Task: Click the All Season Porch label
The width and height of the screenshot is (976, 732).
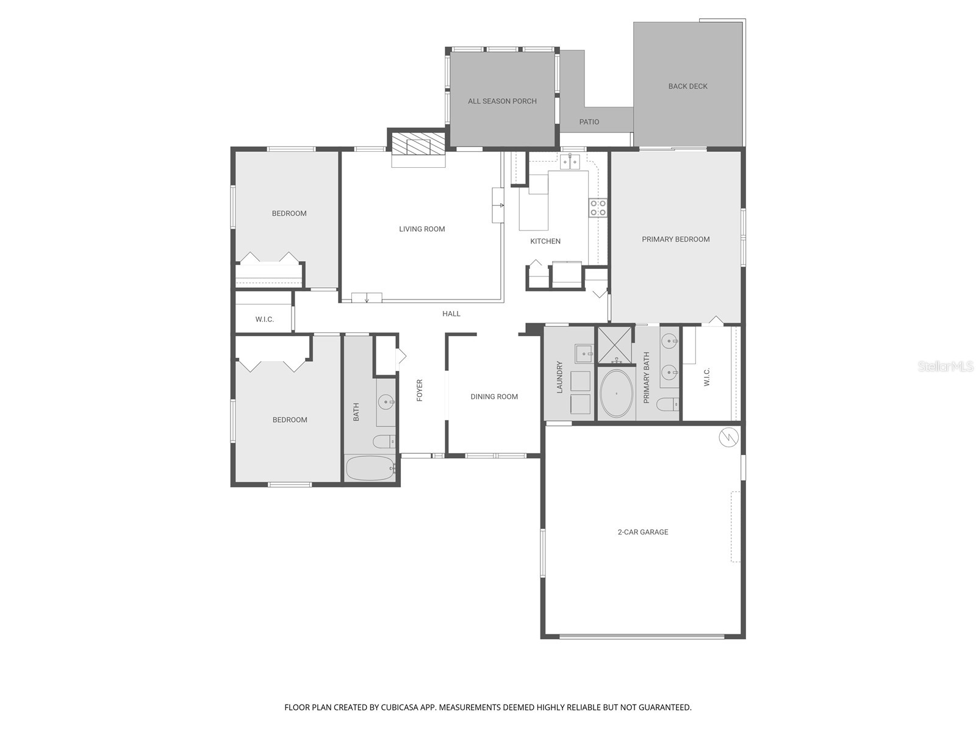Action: [502, 101]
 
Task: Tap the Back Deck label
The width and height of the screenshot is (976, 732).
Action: [687, 87]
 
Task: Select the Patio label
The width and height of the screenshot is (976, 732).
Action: [589, 122]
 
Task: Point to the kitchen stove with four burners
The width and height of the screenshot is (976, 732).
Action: [597, 208]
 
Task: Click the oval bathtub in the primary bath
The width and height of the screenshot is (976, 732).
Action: [617, 393]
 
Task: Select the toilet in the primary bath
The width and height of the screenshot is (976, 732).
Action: [668, 404]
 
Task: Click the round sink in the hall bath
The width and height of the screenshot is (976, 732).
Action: [386, 403]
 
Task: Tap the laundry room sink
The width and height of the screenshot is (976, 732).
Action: [584, 353]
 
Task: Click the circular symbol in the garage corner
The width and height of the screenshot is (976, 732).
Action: [728, 437]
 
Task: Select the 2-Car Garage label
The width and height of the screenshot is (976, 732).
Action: [642, 532]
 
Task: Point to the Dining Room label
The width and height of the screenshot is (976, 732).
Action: [494, 396]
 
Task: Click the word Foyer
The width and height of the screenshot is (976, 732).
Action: [420, 390]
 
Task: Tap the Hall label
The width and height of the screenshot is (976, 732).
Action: [451, 314]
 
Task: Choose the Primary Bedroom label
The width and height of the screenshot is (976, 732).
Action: [675, 239]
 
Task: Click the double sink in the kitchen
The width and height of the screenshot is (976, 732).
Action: [570, 162]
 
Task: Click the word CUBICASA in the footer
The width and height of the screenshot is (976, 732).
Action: [403, 708]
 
